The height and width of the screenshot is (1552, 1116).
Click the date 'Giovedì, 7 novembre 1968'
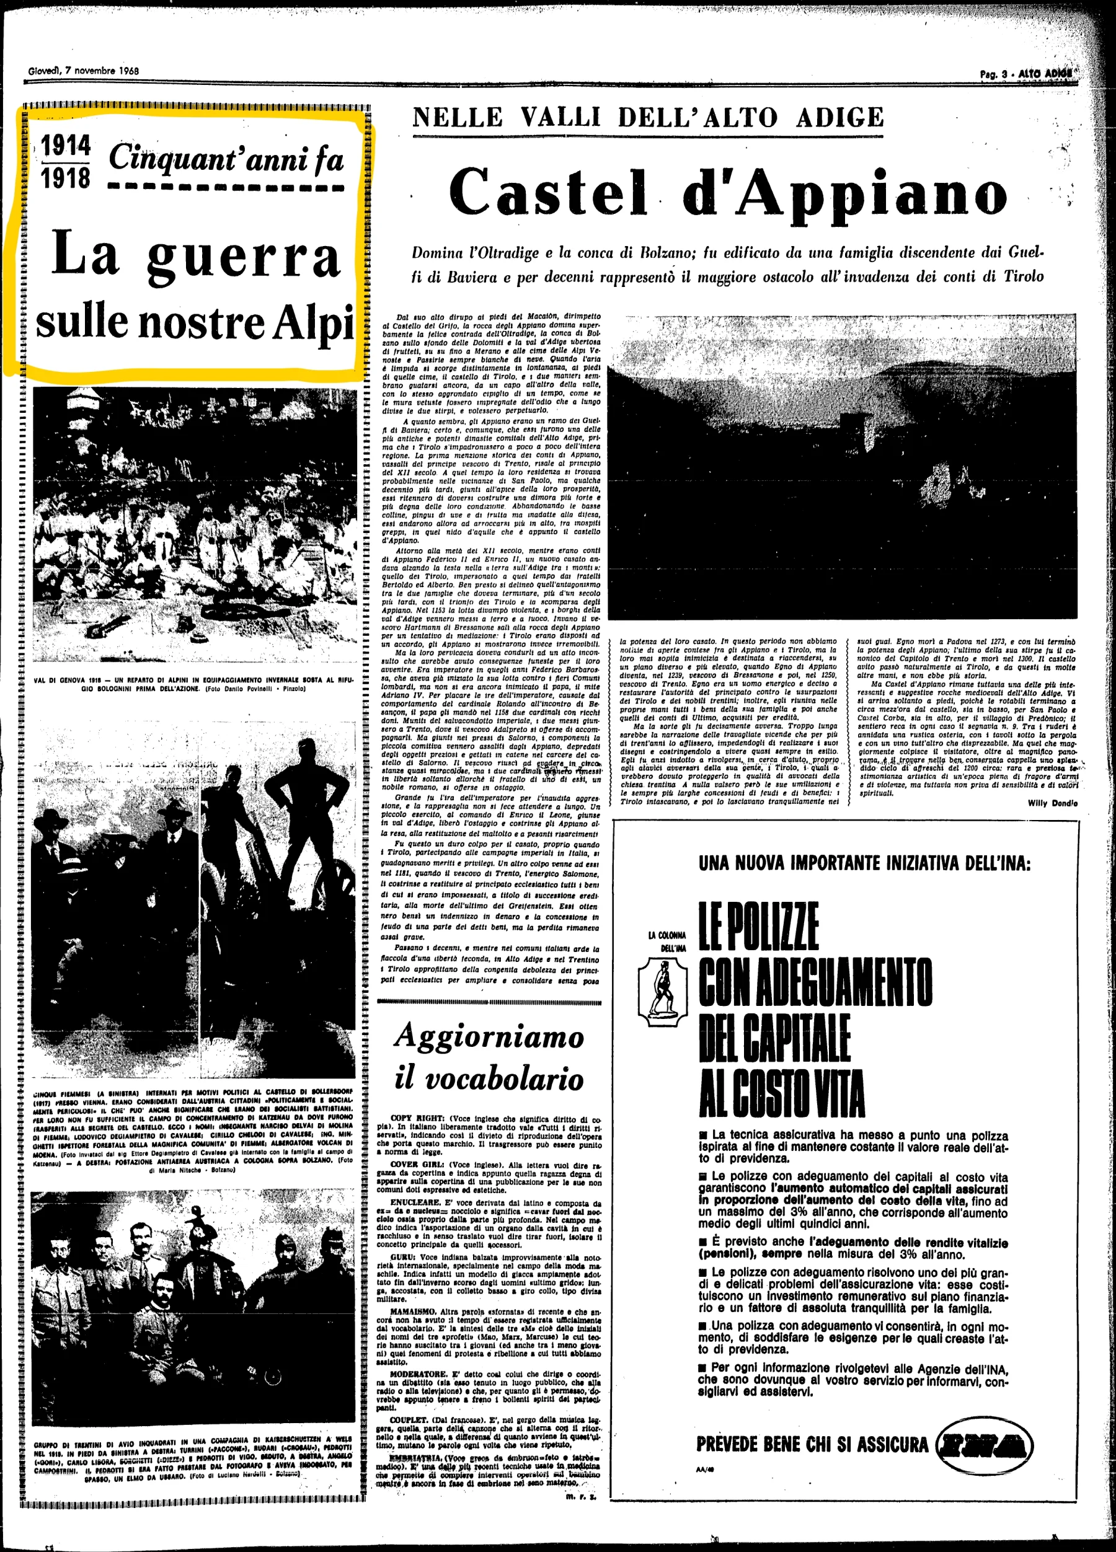pyautogui.click(x=84, y=71)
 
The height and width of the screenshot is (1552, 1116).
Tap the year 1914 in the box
pyautogui.click(x=66, y=146)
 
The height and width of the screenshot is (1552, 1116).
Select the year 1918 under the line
pyautogui.click(x=66, y=178)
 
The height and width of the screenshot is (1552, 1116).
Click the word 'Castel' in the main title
pyautogui.click(x=547, y=192)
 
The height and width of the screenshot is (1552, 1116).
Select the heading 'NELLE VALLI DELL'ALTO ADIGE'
pyautogui.click(x=648, y=118)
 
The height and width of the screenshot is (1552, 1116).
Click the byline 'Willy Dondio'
pyautogui.click(x=1052, y=803)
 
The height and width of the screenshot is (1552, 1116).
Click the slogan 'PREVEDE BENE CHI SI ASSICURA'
pyautogui.click(x=812, y=1445)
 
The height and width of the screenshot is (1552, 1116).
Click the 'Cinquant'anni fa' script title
pyautogui.click(x=226, y=159)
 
